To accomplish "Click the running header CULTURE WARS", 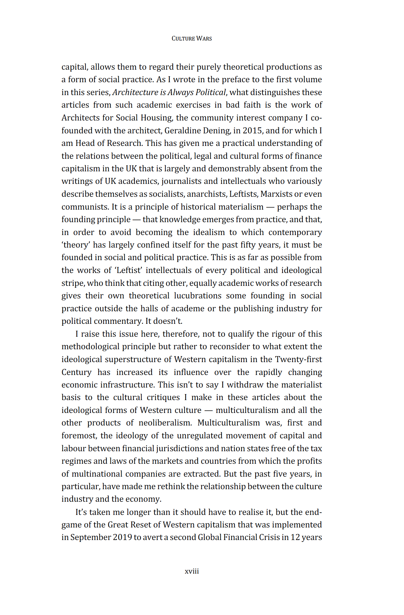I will point(191,39).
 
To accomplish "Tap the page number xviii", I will point(191,571).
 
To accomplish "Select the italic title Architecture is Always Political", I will point(169,92).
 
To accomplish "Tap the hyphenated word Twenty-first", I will point(298,360).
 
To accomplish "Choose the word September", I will point(90,537).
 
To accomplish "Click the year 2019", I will point(122,537).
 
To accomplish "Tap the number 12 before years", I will point(295,537).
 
